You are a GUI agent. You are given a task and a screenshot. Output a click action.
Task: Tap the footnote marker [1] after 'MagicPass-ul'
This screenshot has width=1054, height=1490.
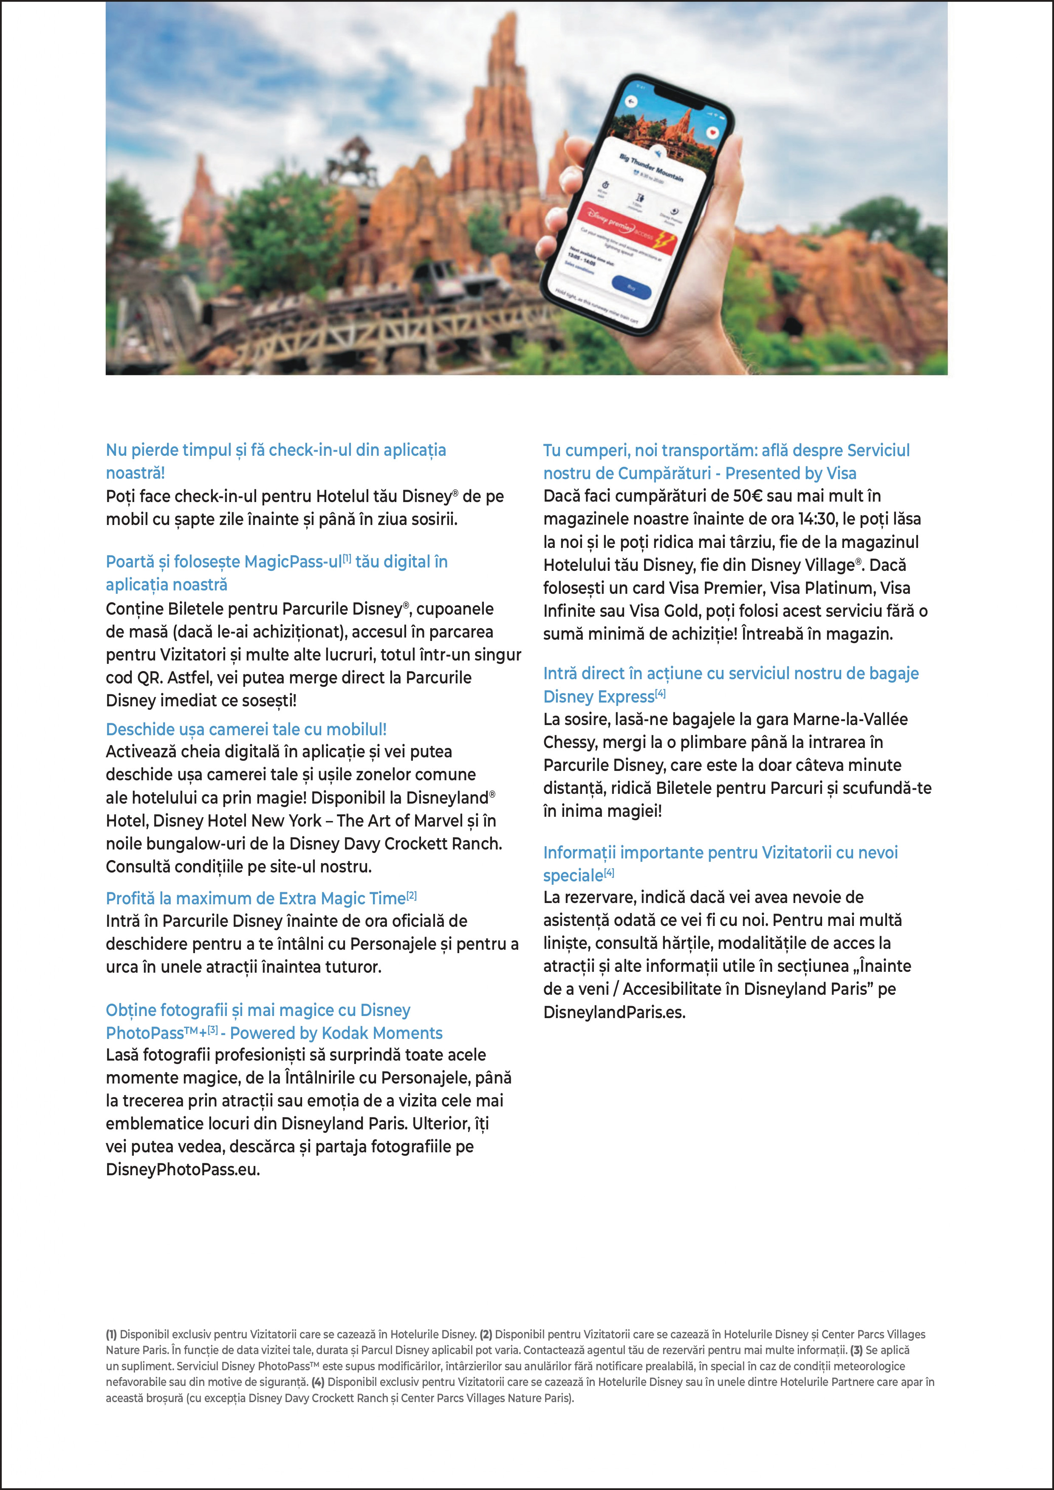[x=347, y=559]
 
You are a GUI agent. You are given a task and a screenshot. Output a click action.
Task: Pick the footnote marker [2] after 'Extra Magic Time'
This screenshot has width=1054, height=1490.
[x=412, y=896]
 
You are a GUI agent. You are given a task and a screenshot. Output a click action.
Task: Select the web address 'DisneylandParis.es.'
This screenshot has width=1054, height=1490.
[x=614, y=1012]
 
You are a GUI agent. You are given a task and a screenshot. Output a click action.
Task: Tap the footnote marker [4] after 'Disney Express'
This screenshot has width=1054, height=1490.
[x=660, y=694]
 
